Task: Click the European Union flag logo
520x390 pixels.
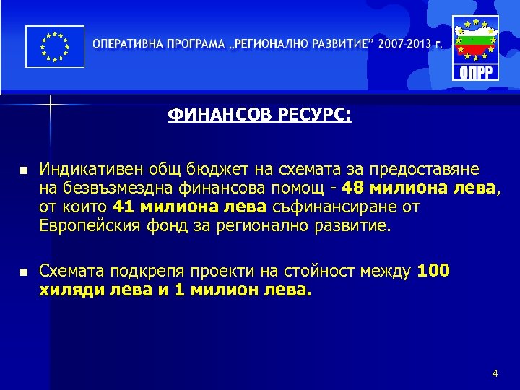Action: point(55,47)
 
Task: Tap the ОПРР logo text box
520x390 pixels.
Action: point(474,72)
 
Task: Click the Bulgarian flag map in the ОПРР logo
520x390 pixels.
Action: point(474,42)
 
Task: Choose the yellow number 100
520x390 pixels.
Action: point(433,272)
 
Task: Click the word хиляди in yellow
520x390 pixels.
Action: point(66,290)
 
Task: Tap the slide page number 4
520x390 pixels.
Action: point(495,373)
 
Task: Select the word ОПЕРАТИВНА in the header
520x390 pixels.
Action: point(127,43)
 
